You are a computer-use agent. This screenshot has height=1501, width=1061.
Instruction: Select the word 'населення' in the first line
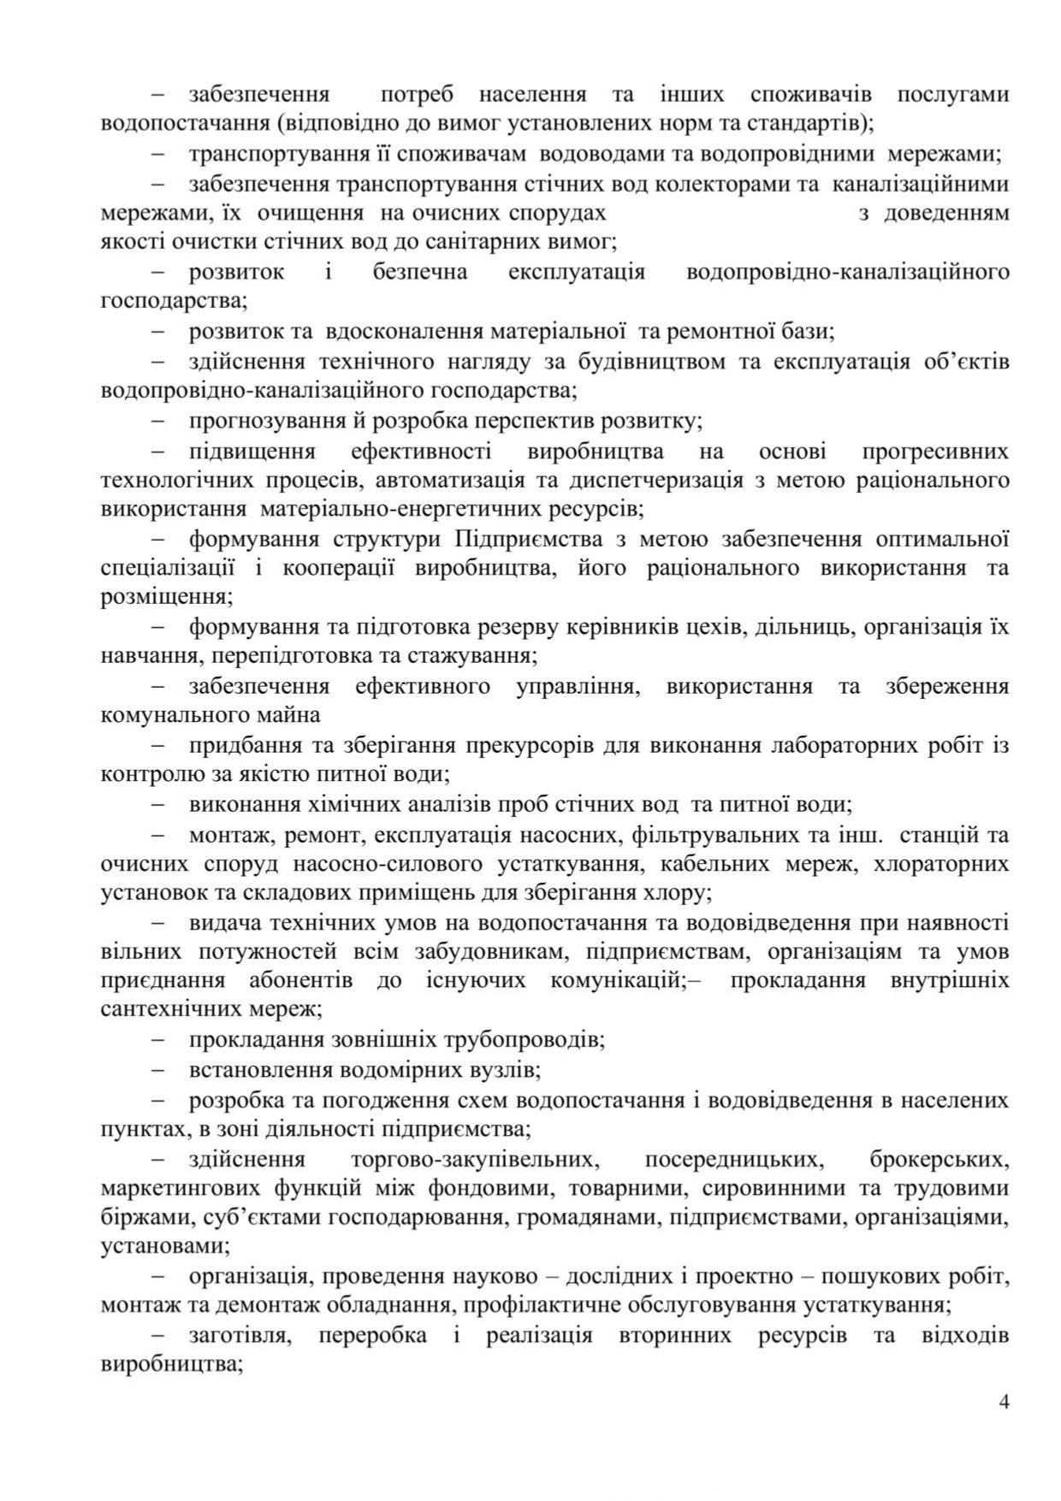coord(532,94)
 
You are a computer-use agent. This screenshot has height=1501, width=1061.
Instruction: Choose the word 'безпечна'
coord(420,272)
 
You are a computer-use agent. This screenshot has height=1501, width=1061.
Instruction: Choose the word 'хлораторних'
coord(940,864)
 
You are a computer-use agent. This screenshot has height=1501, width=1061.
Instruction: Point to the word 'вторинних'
coord(674,1335)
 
